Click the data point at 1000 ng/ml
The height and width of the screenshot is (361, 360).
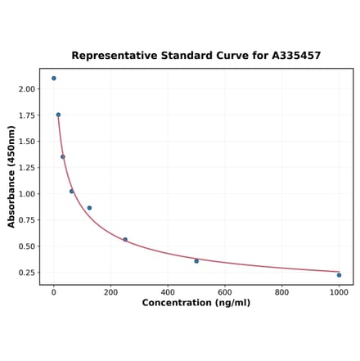pos(339,275)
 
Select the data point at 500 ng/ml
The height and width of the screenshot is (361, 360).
pos(196,261)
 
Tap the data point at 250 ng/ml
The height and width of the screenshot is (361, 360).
pos(125,240)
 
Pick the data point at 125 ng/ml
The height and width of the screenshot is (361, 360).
pos(89,208)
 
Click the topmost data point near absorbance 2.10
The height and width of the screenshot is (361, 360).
pos(54,79)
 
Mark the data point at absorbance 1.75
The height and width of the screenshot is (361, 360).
pos(58,115)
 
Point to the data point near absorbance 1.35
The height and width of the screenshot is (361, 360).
pos(62,157)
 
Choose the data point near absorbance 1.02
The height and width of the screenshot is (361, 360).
pos(71,192)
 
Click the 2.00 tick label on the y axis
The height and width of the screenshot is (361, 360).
pos(27,89)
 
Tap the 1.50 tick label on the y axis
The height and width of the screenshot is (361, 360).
pos(27,142)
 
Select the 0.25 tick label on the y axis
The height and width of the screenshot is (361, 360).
pos(27,273)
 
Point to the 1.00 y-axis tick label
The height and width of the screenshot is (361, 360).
pos(27,194)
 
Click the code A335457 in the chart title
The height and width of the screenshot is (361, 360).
pos(291,56)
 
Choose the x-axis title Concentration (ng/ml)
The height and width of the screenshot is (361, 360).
pos(196,303)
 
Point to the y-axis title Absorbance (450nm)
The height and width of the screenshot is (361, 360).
pos(11,176)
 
